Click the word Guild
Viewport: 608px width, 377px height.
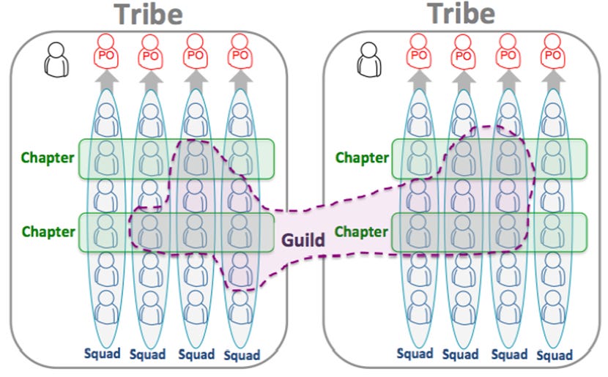click(305, 239)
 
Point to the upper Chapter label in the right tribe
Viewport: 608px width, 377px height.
click(362, 157)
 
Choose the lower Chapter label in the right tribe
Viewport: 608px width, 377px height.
click(362, 231)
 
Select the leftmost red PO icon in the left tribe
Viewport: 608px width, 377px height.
click(107, 53)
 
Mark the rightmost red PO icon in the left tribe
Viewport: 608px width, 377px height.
click(238, 53)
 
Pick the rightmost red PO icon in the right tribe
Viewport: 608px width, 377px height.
click(552, 53)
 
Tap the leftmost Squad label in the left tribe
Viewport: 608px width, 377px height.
click(103, 354)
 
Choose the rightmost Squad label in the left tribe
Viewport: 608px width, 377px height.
click(242, 356)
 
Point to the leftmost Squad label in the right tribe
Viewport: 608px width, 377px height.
click(415, 353)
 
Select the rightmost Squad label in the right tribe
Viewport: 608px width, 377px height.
click(555, 354)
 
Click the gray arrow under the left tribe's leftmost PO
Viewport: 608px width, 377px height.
click(107, 79)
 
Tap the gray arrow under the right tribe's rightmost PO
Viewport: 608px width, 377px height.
click(552, 79)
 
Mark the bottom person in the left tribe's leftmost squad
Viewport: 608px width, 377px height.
click(107, 307)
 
